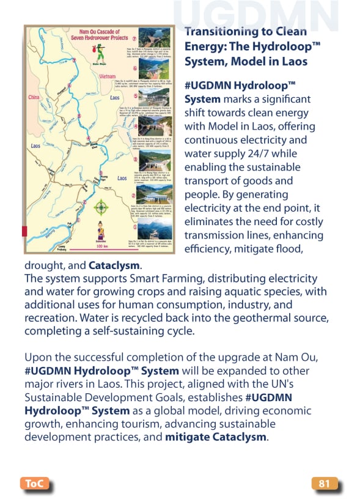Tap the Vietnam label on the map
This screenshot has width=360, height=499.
107,76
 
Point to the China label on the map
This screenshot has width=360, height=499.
34,97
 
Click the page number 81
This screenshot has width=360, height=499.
324,484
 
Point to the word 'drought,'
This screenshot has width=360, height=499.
45,266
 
